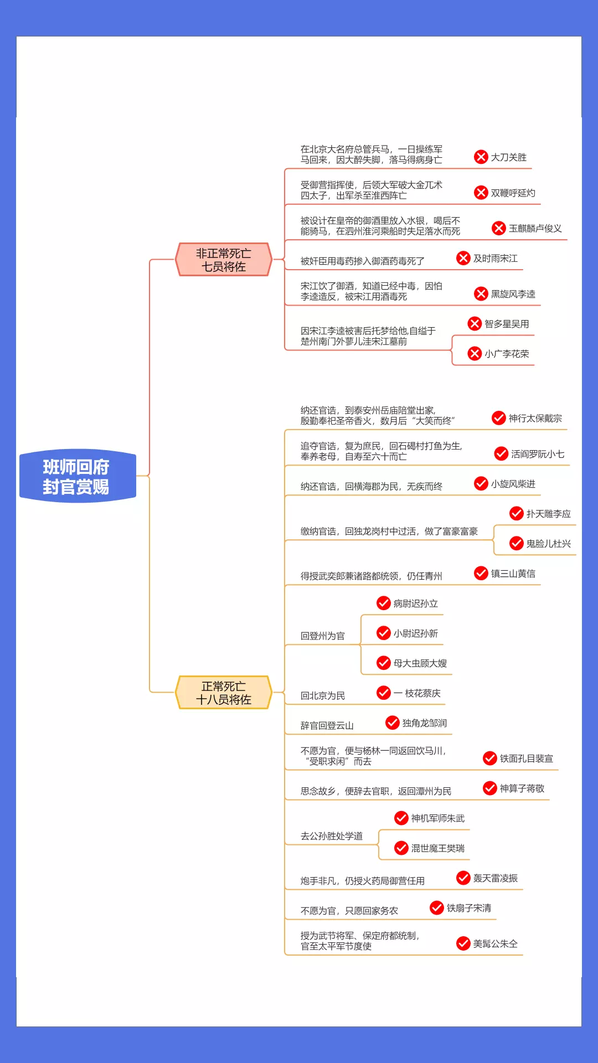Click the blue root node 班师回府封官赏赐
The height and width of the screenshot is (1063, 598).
pos(78,476)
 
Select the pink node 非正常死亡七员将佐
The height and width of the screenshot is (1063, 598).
pos(224,260)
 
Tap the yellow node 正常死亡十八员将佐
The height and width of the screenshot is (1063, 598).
pos(224,693)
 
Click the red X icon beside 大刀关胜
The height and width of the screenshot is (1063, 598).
pos(481,157)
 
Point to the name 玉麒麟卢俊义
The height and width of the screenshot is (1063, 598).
pos(535,229)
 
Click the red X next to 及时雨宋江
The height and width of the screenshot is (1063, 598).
pos(463,259)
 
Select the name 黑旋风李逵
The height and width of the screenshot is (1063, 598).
pos(513,294)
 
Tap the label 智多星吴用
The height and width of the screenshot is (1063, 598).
pos(506,324)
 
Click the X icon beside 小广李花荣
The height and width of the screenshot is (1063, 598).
pos(475,354)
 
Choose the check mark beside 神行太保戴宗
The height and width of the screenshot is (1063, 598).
pos(499,418)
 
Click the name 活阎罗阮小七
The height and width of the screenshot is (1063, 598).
pos(537,454)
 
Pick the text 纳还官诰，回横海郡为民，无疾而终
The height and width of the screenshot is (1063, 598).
pos(371,487)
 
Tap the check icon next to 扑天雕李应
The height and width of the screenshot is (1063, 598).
pos(517,514)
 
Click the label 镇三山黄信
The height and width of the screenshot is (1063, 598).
pos(513,574)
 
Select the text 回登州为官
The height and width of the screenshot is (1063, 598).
pos(322,636)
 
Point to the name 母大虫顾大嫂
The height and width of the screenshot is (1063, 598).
pos(420,663)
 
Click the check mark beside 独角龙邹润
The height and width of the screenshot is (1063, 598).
pos(393,723)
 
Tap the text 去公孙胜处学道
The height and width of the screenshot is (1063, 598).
pos(331,837)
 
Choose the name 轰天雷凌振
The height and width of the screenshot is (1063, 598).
pos(495,878)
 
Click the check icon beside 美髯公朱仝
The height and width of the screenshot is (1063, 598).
pos(463,943)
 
